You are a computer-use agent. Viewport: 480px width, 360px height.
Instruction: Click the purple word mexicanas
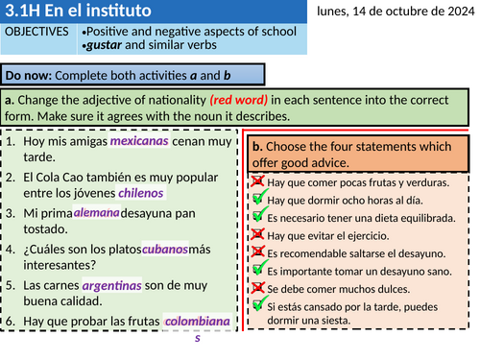tap(140, 141)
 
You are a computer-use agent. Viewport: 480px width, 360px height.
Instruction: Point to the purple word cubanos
tap(164, 249)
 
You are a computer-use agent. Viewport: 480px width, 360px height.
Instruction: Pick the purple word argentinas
tap(111, 285)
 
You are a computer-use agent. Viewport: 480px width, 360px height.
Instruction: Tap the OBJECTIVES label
tap(37, 32)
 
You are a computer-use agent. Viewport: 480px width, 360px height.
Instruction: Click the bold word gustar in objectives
tap(105, 46)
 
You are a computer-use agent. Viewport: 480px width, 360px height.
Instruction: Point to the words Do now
tap(29, 75)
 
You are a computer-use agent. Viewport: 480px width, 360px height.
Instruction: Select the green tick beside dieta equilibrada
tap(257, 216)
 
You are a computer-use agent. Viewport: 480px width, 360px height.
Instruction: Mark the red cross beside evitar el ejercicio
tap(257, 234)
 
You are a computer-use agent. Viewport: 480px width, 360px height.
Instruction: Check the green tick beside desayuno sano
tap(257, 270)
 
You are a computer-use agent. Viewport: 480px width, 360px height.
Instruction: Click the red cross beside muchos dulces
tap(257, 287)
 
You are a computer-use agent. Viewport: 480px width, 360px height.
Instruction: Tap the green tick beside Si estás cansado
tap(257, 304)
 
